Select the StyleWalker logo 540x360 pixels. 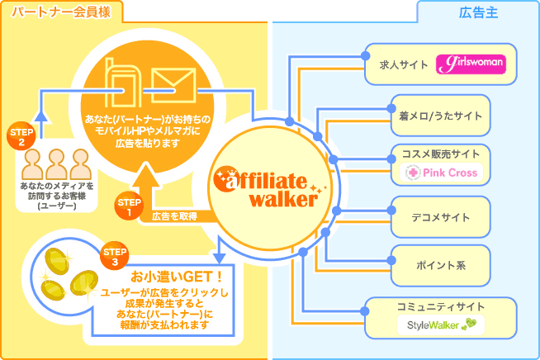(x=441, y=324)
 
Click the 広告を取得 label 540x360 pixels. (x=173, y=216)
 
